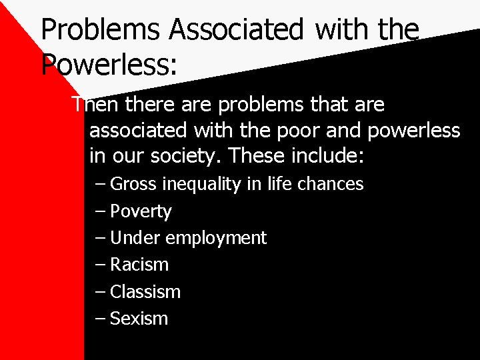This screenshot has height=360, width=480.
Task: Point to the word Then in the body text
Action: (x=95, y=105)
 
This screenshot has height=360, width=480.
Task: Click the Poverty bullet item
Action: (x=141, y=211)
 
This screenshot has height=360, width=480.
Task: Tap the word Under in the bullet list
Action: (x=135, y=238)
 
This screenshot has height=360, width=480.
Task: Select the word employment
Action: (x=216, y=238)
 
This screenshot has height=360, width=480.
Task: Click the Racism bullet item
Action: (x=139, y=265)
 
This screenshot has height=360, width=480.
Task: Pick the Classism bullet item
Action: (x=145, y=291)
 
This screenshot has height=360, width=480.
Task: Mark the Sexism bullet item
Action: (x=139, y=319)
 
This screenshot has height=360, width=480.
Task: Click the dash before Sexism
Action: (x=100, y=319)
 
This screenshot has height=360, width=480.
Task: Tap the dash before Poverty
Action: (x=100, y=211)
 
